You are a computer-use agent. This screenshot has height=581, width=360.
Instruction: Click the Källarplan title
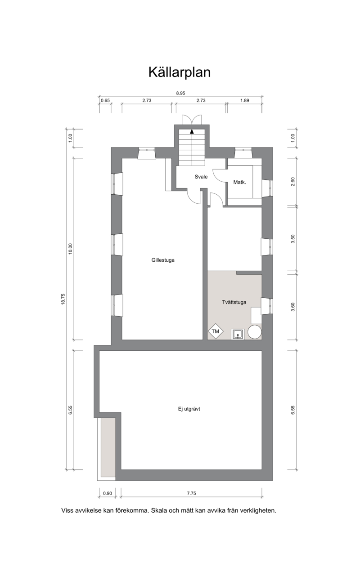click(180, 72)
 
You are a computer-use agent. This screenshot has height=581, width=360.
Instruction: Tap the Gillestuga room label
click(163, 260)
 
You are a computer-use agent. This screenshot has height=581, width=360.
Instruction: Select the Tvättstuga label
click(234, 302)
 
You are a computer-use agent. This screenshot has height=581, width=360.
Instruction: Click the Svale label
click(201, 177)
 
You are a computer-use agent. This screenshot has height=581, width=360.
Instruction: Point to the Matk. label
click(239, 182)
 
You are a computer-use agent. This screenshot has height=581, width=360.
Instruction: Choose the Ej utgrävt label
click(189, 409)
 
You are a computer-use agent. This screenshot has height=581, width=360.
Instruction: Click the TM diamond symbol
click(216, 331)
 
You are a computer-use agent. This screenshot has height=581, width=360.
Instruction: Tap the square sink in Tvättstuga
click(238, 334)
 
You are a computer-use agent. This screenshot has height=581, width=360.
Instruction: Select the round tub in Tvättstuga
click(255, 332)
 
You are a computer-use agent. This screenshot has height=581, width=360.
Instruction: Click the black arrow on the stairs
click(192, 131)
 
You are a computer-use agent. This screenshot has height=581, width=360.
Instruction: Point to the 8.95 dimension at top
click(180, 94)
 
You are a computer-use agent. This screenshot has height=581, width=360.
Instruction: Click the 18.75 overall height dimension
click(63, 299)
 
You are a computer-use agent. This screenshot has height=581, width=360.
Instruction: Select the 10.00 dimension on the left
click(70, 249)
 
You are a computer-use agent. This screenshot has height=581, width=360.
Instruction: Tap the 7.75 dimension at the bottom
click(192, 493)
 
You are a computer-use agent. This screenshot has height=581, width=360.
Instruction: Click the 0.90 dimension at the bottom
click(108, 493)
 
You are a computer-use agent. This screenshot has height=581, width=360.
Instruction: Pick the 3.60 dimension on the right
click(293, 307)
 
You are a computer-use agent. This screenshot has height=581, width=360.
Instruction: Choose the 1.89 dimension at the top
click(244, 100)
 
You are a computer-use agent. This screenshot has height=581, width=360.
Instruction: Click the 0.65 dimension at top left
click(105, 100)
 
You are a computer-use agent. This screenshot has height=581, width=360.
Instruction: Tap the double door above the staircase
click(192, 120)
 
